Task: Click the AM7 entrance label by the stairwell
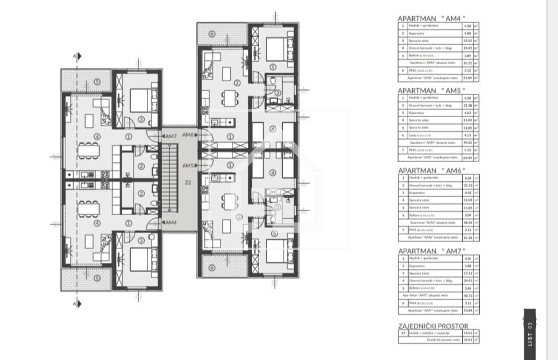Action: tap(171, 136)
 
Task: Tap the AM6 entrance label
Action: tap(188, 135)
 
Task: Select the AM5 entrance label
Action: tap(188, 166)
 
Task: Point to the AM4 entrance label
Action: tap(171, 223)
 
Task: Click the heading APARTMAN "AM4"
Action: tap(431, 18)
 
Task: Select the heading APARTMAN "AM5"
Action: tap(431, 90)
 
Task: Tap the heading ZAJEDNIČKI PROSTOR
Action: tap(433, 326)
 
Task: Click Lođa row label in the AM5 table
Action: tap(417, 135)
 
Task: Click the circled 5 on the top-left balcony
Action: tap(97, 82)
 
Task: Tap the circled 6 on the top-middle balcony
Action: tap(212, 34)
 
